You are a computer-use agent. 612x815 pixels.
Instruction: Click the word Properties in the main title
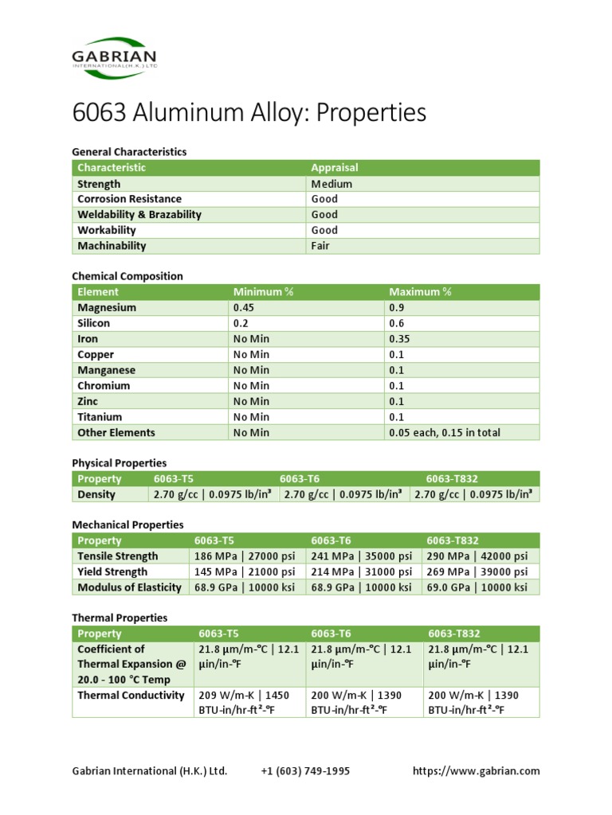click(x=371, y=113)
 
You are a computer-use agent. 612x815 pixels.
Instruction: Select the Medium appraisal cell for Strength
click(x=331, y=184)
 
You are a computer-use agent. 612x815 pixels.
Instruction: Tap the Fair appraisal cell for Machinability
click(x=320, y=246)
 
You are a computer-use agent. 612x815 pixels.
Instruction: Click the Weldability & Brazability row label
click(x=139, y=215)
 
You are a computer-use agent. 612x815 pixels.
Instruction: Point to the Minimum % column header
click(x=264, y=292)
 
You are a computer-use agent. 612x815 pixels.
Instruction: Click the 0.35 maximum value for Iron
click(x=400, y=339)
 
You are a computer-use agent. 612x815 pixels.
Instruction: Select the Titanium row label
click(x=100, y=417)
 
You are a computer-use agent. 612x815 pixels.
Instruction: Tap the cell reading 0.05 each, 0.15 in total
click(x=445, y=433)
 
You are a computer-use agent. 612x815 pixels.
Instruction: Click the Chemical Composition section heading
click(x=127, y=276)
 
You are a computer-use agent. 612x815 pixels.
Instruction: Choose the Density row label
click(x=96, y=494)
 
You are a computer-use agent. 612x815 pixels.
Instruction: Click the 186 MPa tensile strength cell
click(x=245, y=556)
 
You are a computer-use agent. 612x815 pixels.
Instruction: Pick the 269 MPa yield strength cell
click(x=477, y=572)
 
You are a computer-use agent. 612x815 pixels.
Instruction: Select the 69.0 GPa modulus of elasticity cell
click(x=477, y=587)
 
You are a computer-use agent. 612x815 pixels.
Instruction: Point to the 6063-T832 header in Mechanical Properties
click(x=453, y=540)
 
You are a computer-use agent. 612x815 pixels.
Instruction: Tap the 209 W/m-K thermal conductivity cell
click(x=245, y=703)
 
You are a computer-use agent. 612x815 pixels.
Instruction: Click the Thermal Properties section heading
click(x=120, y=618)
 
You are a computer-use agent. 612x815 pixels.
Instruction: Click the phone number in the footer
click(x=305, y=771)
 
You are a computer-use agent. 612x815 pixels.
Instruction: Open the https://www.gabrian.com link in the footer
click(x=476, y=771)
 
